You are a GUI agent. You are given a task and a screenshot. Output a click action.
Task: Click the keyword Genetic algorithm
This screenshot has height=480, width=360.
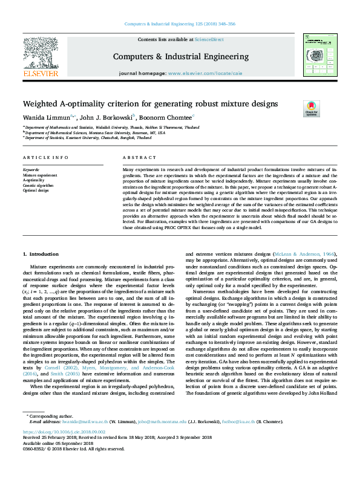pyautogui.click(x=38, y=186)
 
